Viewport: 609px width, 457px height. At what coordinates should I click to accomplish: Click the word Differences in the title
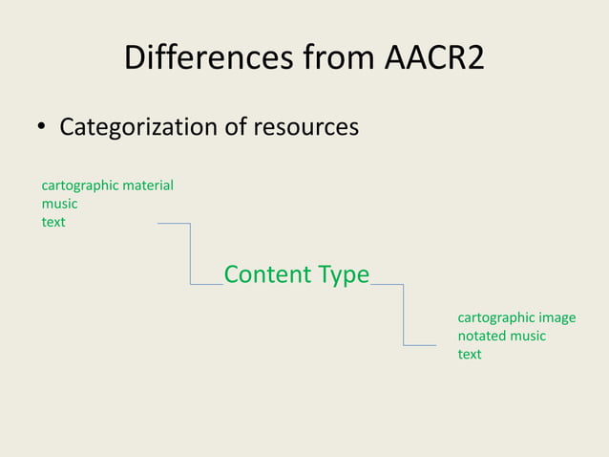click(x=201, y=60)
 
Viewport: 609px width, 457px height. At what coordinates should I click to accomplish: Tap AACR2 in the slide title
click(x=434, y=60)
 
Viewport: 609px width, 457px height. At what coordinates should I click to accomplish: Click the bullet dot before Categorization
click(x=42, y=127)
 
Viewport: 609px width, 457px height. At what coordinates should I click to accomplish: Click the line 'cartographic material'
click(x=107, y=185)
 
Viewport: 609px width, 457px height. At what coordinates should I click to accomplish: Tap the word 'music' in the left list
click(x=59, y=204)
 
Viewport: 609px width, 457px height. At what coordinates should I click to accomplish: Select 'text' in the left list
click(x=53, y=222)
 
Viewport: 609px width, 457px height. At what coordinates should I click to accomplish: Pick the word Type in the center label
click(x=344, y=274)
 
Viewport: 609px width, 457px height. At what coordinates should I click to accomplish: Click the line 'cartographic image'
click(x=516, y=317)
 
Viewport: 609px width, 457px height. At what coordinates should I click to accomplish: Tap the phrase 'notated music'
click(x=502, y=336)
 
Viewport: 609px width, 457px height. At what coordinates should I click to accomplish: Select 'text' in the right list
click(x=470, y=354)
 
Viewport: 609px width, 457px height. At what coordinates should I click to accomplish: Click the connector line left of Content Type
click(x=191, y=254)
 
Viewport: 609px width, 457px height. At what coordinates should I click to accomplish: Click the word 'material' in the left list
click(x=147, y=185)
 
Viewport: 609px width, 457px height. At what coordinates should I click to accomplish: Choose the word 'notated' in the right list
click(x=481, y=336)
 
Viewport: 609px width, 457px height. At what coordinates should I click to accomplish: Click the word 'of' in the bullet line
click(x=237, y=126)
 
